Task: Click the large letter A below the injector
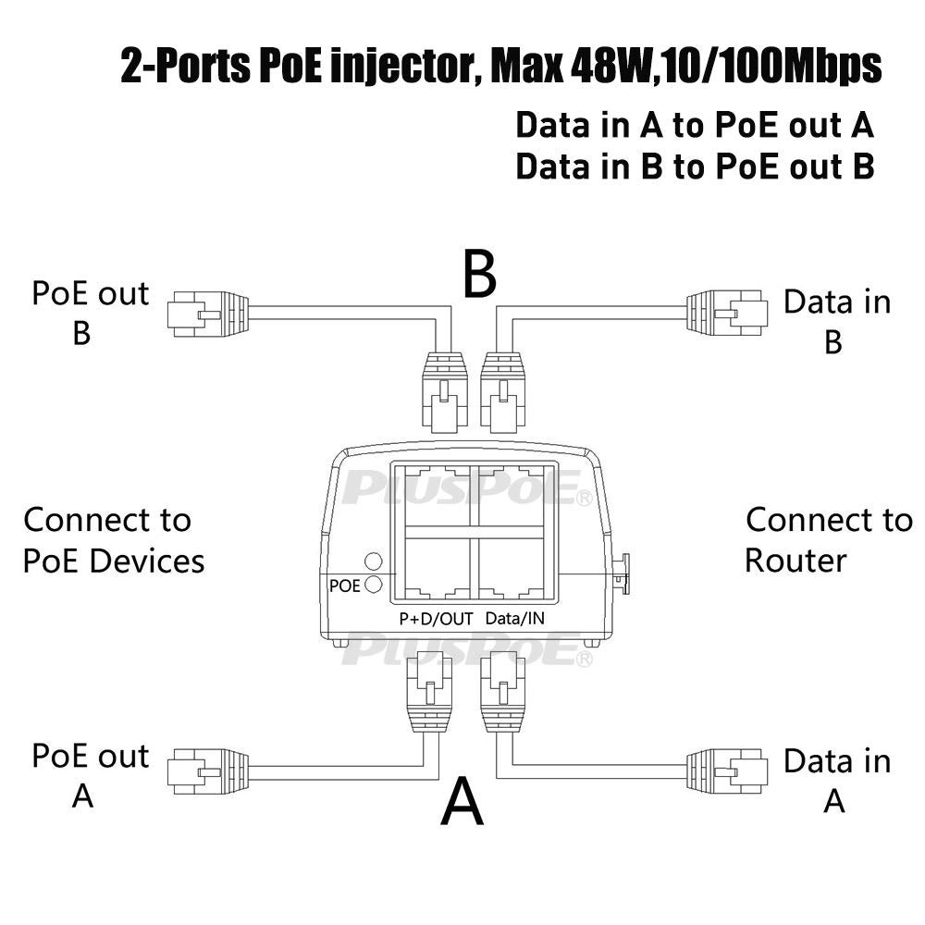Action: click(x=462, y=800)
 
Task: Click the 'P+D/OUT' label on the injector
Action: click(x=429, y=619)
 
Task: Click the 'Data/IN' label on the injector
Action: click(x=514, y=619)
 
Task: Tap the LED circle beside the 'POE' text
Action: click(x=374, y=584)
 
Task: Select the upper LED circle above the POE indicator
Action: click(x=374, y=561)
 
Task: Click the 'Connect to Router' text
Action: click(x=826, y=539)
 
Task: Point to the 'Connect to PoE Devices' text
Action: click(x=111, y=539)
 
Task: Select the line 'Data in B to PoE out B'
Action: click(x=694, y=166)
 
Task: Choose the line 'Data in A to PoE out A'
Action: click(x=694, y=125)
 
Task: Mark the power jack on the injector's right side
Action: click(x=623, y=573)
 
